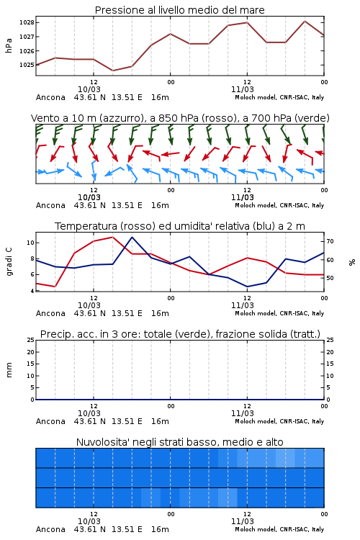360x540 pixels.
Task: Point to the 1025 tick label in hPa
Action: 27,65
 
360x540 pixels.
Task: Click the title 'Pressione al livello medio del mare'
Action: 180,10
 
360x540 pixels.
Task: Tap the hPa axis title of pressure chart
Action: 9,45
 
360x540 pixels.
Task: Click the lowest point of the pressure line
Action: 112,71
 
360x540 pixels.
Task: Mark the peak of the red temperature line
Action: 112,237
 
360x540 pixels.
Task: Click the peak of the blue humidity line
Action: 132,237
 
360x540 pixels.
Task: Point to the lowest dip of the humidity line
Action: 247,287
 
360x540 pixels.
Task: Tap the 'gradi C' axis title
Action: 9,262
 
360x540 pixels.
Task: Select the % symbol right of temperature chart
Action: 352,262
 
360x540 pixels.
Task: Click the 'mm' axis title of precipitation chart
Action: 9,370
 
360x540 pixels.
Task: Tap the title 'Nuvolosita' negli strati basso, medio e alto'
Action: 180,442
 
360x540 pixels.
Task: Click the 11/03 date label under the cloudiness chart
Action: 242,521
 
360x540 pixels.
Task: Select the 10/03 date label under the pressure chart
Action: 89,89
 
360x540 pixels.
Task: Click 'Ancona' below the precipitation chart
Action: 50,421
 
